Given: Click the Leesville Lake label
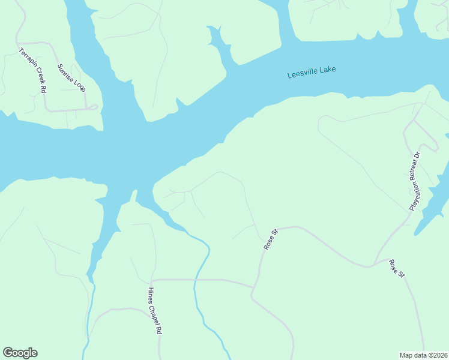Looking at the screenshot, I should click(312, 73).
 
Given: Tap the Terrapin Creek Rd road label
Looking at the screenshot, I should click(32, 70).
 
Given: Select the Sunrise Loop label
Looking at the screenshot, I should click(71, 78).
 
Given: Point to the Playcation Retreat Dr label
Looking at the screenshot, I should click(416, 180).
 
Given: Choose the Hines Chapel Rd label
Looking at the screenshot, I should click(155, 310).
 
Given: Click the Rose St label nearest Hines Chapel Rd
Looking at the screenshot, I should click(271, 239).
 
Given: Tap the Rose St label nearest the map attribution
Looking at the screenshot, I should click(397, 268).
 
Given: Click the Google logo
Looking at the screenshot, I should click(20, 353).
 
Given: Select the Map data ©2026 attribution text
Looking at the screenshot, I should click(423, 355).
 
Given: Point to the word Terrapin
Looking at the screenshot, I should click(26, 58).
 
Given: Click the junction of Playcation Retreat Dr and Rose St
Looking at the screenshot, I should click(374, 265).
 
